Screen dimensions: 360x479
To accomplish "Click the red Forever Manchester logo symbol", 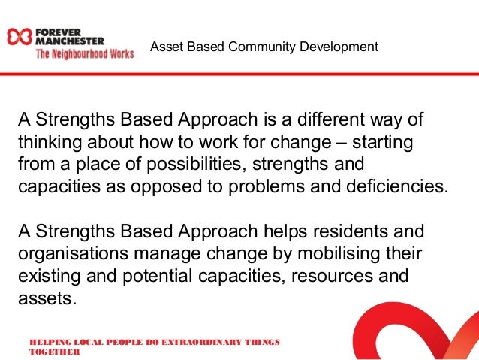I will point(17,37).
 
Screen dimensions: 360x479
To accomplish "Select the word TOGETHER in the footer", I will point(54,352).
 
